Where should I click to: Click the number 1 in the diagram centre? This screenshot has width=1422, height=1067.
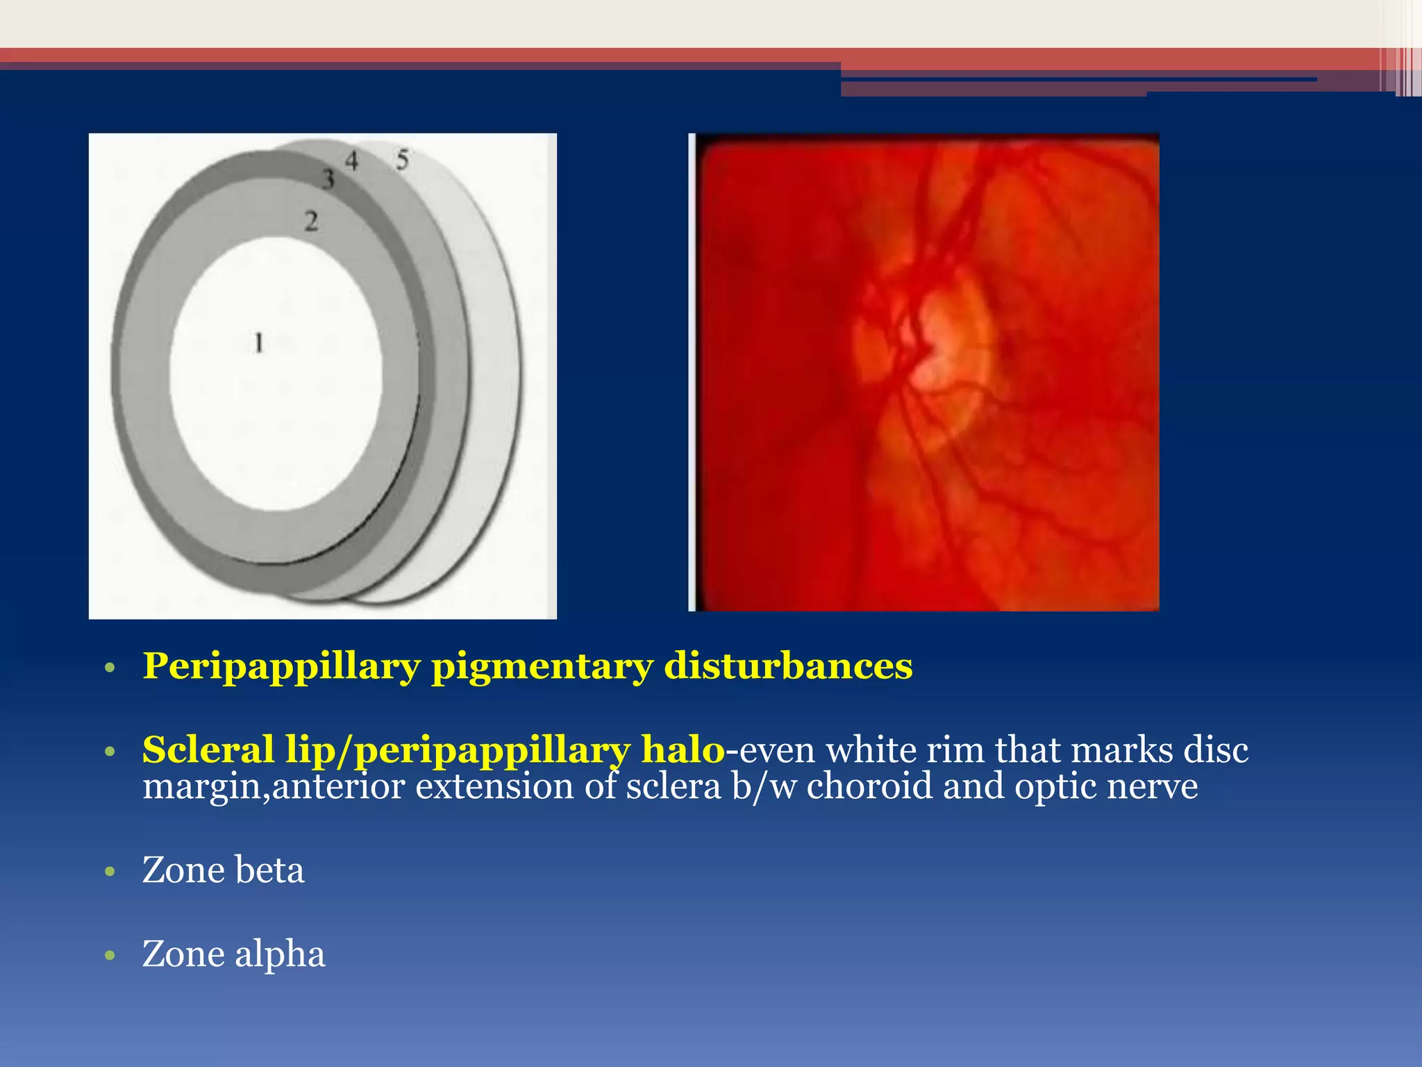(259, 342)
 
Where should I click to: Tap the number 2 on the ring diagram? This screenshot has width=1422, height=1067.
(312, 222)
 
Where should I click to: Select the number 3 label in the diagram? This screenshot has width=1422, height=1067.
(328, 179)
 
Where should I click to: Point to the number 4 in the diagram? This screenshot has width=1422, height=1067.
(352, 161)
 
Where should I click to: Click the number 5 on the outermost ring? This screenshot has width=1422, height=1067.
(403, 160)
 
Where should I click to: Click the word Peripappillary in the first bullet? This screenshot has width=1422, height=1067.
(281, 667)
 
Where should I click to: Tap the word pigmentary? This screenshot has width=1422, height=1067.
(542, 667)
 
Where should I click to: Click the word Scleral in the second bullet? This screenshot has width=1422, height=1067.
(208, 750)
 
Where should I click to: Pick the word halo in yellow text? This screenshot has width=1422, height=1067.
(683, 750)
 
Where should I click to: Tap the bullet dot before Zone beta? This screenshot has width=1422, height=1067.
(109, 872)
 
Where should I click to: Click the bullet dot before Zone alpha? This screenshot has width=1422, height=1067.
(109, 955)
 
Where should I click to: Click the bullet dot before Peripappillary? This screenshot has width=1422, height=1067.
(109, 668)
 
